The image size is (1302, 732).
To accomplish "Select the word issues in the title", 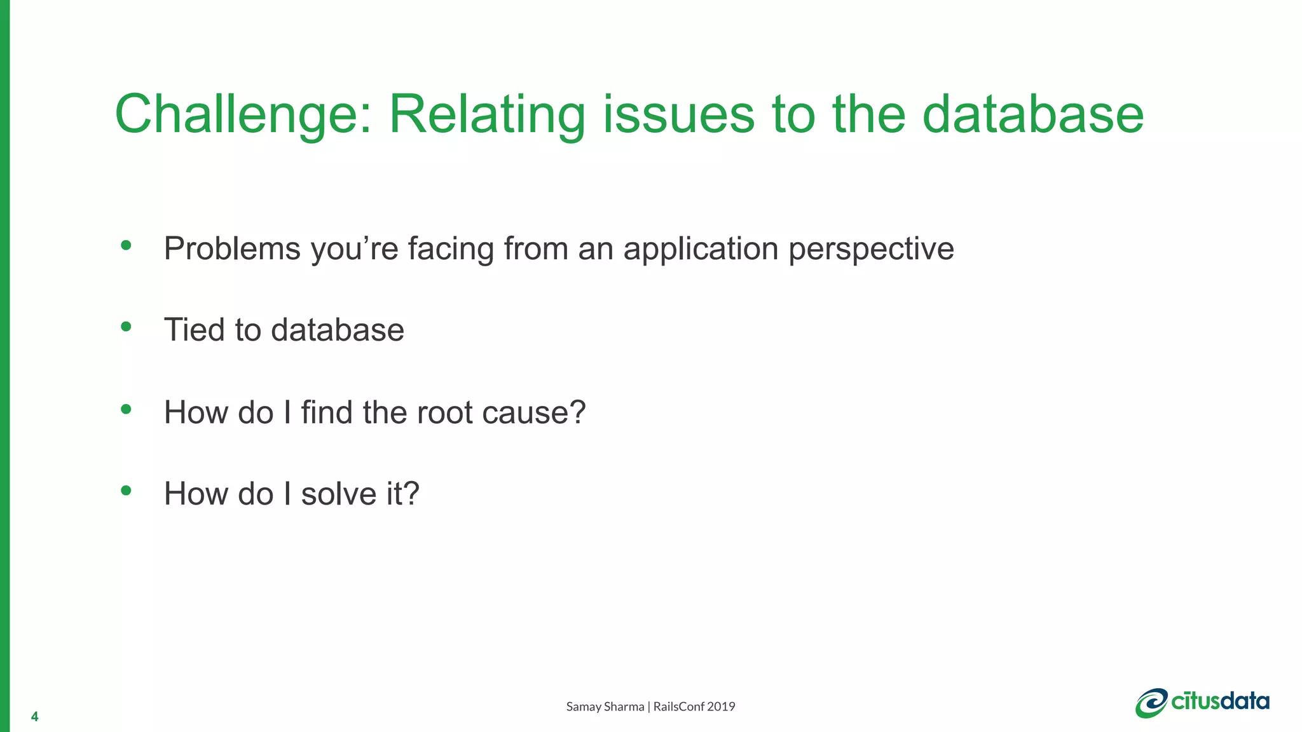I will [x=678, y=114].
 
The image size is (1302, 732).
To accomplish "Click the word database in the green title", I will [x=1032, y=114].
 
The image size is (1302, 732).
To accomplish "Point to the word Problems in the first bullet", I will [x=232, y=248].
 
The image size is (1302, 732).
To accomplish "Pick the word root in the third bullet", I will [x=444, y=412].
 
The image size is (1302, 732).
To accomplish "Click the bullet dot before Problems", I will [x=126, y=245].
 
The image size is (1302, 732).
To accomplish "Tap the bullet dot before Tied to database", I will [x=126, y=327].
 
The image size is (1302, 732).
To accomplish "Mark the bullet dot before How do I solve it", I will [x=126, y=491].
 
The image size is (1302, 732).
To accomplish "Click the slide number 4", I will [x=34, y=717].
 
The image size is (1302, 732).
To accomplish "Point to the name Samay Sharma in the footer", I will [x=605, y=707].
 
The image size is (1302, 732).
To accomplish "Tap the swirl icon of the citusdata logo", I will [x=1151, y=703].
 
